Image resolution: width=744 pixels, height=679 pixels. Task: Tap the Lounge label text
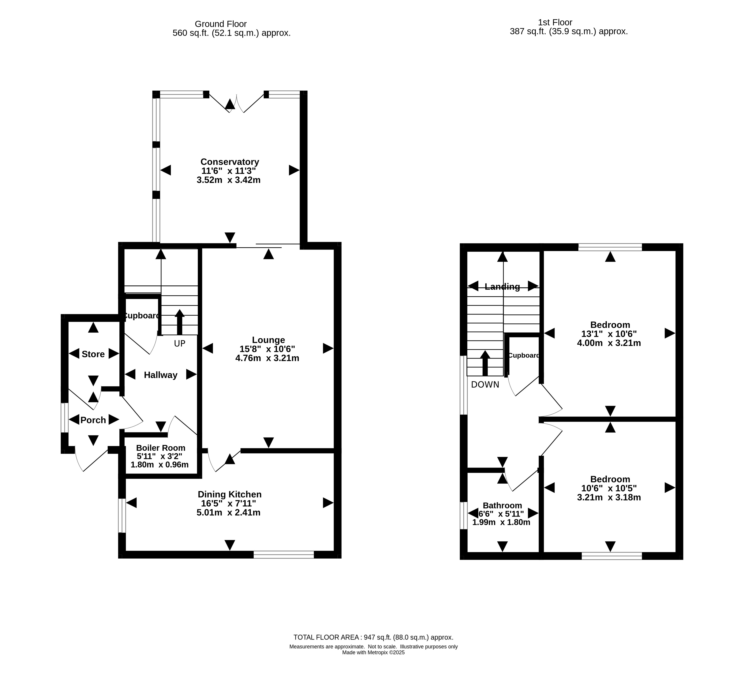click(x=268, y=340)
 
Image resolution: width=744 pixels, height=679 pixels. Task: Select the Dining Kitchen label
click(x=229, y=494)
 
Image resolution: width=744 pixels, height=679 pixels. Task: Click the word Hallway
click(x=161, y=375)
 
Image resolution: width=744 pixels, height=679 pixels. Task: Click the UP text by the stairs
click(x=180, y=344)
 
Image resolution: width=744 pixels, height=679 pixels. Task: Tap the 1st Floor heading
click(x=555, y=23)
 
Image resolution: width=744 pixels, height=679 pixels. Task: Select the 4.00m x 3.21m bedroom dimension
click(x=609, y=343)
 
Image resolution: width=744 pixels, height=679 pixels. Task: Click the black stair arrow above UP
click(x=180, y=322)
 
